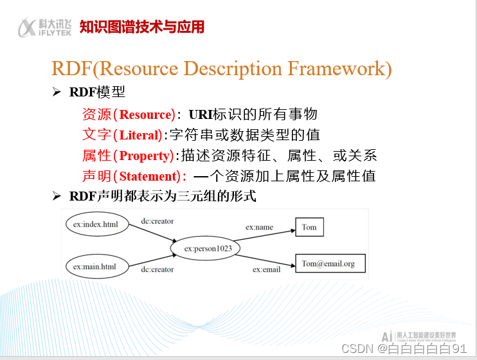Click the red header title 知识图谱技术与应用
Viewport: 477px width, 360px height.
(x=141, y=27)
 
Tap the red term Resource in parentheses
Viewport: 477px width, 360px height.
(x=146, y=115)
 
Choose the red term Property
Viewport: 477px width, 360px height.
(x=145, y=156)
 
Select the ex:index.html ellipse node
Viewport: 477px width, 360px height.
(x=95, y=224)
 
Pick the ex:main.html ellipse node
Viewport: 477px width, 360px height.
(x=94, y=266)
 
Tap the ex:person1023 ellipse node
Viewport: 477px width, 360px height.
(x=208, y=248)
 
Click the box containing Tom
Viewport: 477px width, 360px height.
(x=309, y=228)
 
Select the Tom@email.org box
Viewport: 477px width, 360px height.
(x=328, y=264)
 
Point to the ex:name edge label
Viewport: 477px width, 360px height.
(x=259, y=227)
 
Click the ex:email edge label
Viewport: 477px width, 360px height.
(x=266, y=269)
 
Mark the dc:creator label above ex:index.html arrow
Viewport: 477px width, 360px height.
(x=157, y=221)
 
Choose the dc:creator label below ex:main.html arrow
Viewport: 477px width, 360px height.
(x=157, y=269)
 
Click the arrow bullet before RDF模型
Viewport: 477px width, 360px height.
(x=56, y=93)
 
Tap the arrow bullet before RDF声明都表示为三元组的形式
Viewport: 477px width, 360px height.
(x=56, y=197)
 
